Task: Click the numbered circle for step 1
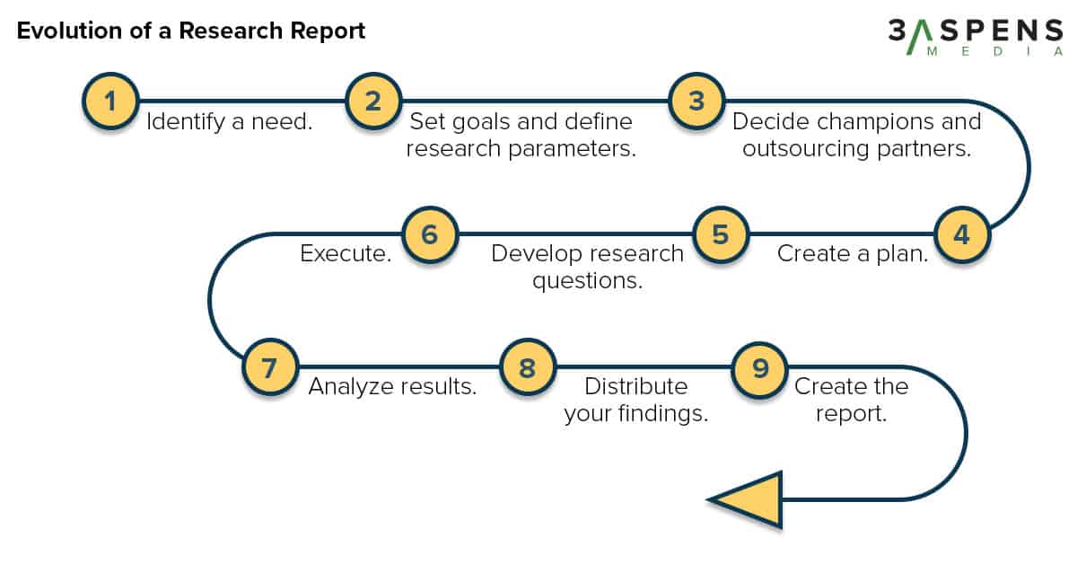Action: (110, 101)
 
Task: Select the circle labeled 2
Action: (373, 101)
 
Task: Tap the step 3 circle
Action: (696, 101)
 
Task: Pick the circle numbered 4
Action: (962, 234)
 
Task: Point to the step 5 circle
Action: (721, 234)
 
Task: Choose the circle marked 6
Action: (430, 234)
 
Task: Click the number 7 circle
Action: (270, 367)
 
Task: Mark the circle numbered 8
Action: (528, 367)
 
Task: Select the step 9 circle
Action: (759, 370)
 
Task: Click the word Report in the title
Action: (328, 31)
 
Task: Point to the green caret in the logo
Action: (919, 38)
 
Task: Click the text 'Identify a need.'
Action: (230, 122)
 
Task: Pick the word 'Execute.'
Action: (346, 253)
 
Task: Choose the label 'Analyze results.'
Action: (392, 386)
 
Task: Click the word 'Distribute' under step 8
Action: (636, 386)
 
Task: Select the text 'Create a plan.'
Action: (853, 254)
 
